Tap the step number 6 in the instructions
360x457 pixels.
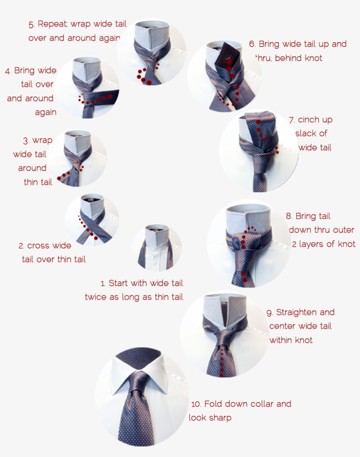[252, 44]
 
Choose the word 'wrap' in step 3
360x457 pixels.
[42, 140]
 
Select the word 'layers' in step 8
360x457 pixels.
[312, 244]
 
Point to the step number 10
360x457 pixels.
[196, 404]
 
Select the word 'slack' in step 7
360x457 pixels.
[306, 133]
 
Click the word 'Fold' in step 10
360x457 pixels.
[213, 404]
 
